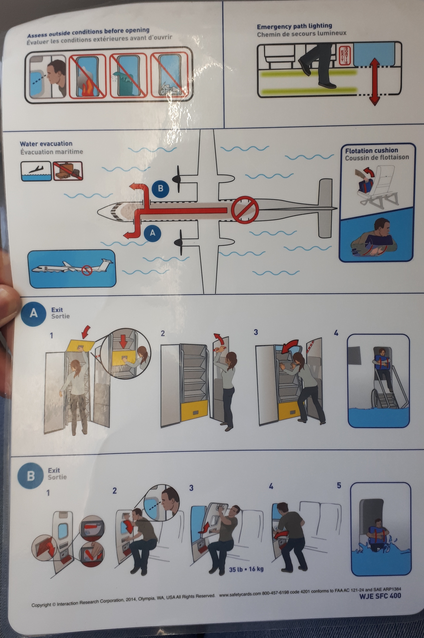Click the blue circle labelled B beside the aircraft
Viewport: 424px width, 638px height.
[x=160, y=188]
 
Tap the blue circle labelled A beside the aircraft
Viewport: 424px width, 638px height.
[x=153, y=233]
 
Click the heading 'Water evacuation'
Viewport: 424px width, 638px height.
[x=46, y=144]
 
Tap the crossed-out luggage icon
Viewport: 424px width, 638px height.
[x=68, y=171]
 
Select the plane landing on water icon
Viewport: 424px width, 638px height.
[x=36, y=171]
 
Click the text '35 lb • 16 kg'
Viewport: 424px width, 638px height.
[x=246, y=569]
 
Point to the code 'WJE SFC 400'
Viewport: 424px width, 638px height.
[x=380, y=596]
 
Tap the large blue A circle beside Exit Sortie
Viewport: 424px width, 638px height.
[x=34, y=313]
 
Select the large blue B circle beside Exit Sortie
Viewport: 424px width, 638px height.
[x=31, y=476]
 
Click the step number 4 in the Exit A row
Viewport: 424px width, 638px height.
[x=336, y=333]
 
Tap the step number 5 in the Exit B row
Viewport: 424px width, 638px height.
[x=339, y=485]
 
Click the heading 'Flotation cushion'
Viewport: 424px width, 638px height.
[x=371, y=150]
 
